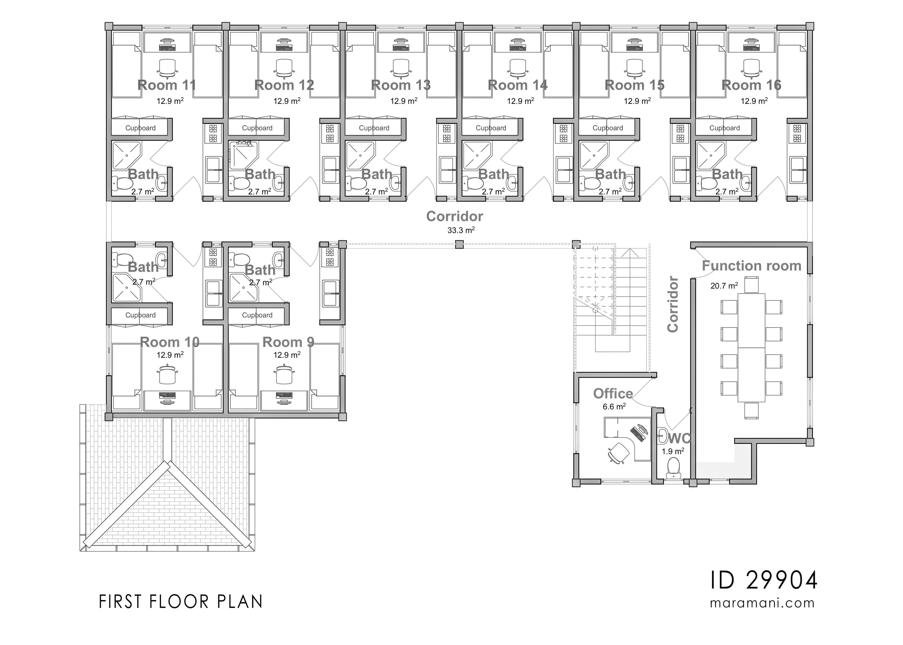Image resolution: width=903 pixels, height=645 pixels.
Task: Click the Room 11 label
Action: click(167, 85)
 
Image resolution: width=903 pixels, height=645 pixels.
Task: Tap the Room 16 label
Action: click(751, 85)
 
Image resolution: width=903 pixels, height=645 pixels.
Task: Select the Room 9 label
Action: click(288, 342)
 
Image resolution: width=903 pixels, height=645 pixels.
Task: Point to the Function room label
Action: click(751, 266)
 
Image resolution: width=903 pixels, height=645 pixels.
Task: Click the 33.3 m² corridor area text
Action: click(461, 230)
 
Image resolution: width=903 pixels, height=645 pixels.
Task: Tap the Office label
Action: click(613, 394)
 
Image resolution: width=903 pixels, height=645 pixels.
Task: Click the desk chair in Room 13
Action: click(401, 68)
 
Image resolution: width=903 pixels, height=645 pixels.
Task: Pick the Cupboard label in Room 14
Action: click(491, 128)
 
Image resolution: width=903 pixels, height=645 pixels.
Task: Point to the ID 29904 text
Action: click(763, 581)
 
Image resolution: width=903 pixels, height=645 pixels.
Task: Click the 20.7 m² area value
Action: click(724, 285)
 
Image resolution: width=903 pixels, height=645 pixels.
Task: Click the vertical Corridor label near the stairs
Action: click(673, 304)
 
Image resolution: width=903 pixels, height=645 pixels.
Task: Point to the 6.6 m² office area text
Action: click(614, 407)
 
